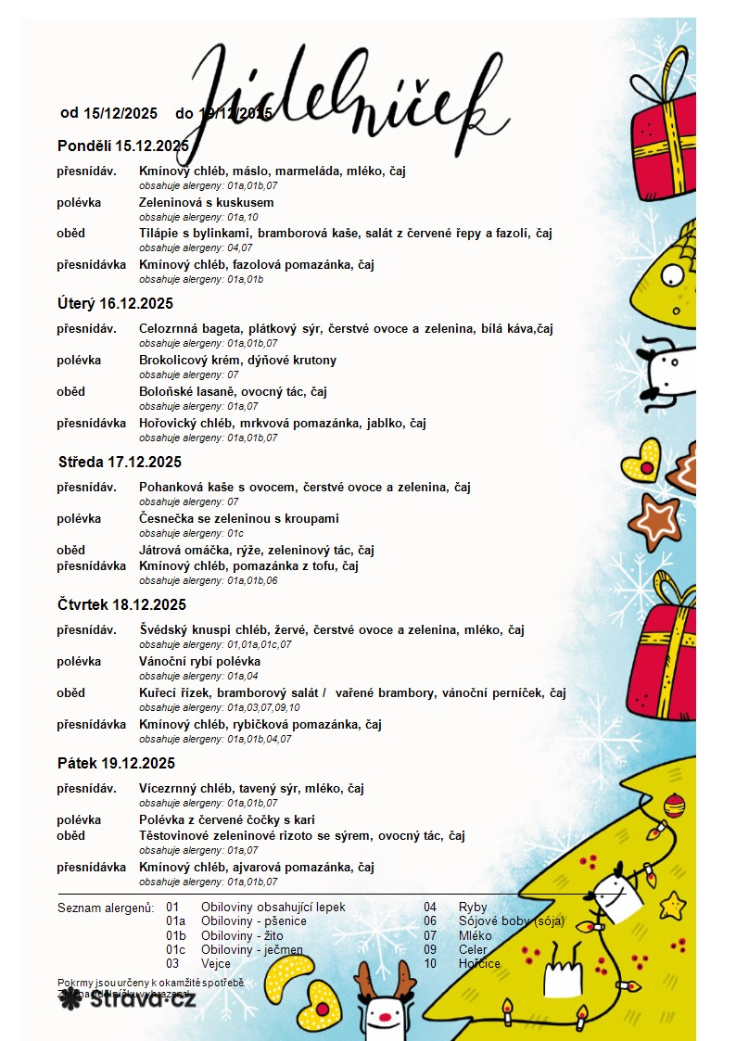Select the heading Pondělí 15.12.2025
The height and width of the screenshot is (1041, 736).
[122, 146]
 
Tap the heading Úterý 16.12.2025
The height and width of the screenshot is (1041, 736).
[115, 303]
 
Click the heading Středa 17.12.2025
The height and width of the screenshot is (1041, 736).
[120, 462]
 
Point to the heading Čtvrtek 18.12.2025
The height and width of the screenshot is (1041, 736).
[121, 604]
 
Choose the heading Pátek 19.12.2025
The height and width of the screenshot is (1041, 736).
[116, 763]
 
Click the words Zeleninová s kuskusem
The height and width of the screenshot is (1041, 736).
[206, 202]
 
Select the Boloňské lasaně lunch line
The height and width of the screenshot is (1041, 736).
[233, 391]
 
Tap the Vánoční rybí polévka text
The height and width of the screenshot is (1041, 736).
[199, 661]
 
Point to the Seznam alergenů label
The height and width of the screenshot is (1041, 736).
[105, 908]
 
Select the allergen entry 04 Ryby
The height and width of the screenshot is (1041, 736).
[455, 908]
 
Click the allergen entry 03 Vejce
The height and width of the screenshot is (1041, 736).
[198, 964]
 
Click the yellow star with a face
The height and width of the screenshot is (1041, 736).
[673, 904]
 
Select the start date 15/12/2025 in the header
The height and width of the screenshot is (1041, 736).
[121, 113]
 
